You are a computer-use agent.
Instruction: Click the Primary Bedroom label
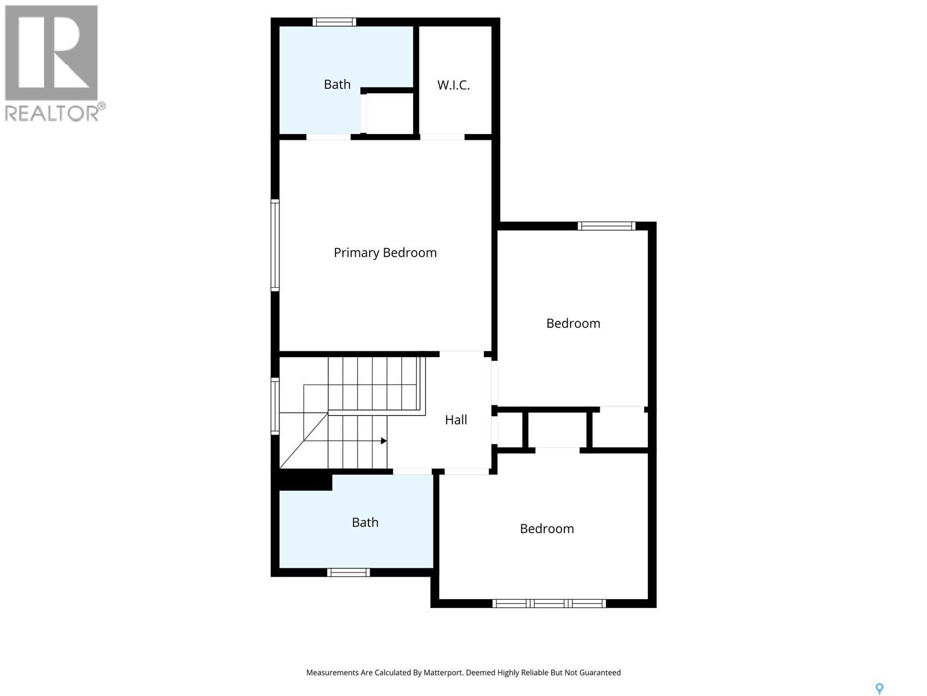tap(385, 253)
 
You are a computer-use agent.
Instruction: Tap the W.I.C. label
tap(453, 85)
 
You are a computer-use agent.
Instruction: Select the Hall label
tap(456, 420)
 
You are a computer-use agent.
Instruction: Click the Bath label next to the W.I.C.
tap(337, 85)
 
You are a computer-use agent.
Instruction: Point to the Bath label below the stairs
tap(365, 523)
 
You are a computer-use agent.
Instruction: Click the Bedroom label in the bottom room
tap(546, 529)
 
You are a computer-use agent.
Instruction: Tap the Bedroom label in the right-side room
tap(573, 324)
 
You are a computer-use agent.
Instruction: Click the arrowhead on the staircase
tap(384, 441)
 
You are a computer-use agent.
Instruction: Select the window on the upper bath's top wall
tap(334, 22)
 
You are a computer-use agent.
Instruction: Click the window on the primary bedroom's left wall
tap(275, 245)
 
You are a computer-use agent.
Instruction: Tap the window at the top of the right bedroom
tap(607, 226)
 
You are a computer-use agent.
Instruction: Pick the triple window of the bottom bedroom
tap(549, 604)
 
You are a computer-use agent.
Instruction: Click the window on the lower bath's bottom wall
tap(348, 572)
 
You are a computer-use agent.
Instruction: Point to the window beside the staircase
tap(275, 406)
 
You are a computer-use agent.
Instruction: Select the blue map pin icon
tap(879, 688)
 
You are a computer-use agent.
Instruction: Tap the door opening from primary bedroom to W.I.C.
tap(442, 137)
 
